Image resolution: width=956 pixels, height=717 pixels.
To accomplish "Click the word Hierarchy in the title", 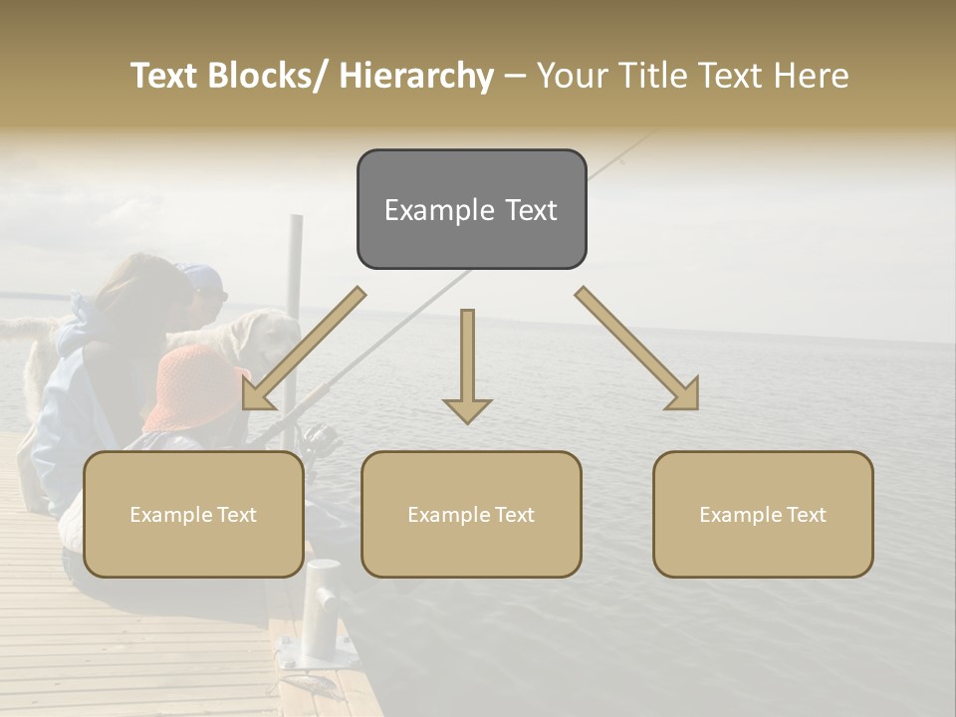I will pos(416,76).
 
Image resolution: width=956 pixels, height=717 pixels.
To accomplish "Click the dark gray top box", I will pos(471,209).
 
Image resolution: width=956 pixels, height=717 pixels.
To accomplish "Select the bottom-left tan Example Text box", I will pos(193,514).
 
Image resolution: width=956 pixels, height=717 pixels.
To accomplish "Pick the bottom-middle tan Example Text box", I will pos(471,514).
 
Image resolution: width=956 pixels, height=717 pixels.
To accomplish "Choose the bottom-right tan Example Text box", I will pos(763,514).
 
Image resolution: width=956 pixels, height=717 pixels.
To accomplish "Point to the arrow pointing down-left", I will pos(304,349).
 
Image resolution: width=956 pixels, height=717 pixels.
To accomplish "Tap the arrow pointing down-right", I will pos(637,349).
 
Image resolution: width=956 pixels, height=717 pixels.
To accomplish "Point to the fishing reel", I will pos(319,438).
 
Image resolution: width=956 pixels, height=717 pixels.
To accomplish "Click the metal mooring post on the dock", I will pos(322,607).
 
